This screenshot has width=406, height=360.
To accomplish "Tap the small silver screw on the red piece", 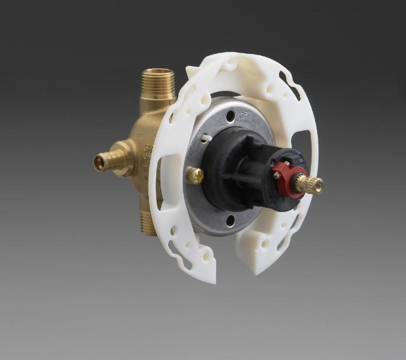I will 277,175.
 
